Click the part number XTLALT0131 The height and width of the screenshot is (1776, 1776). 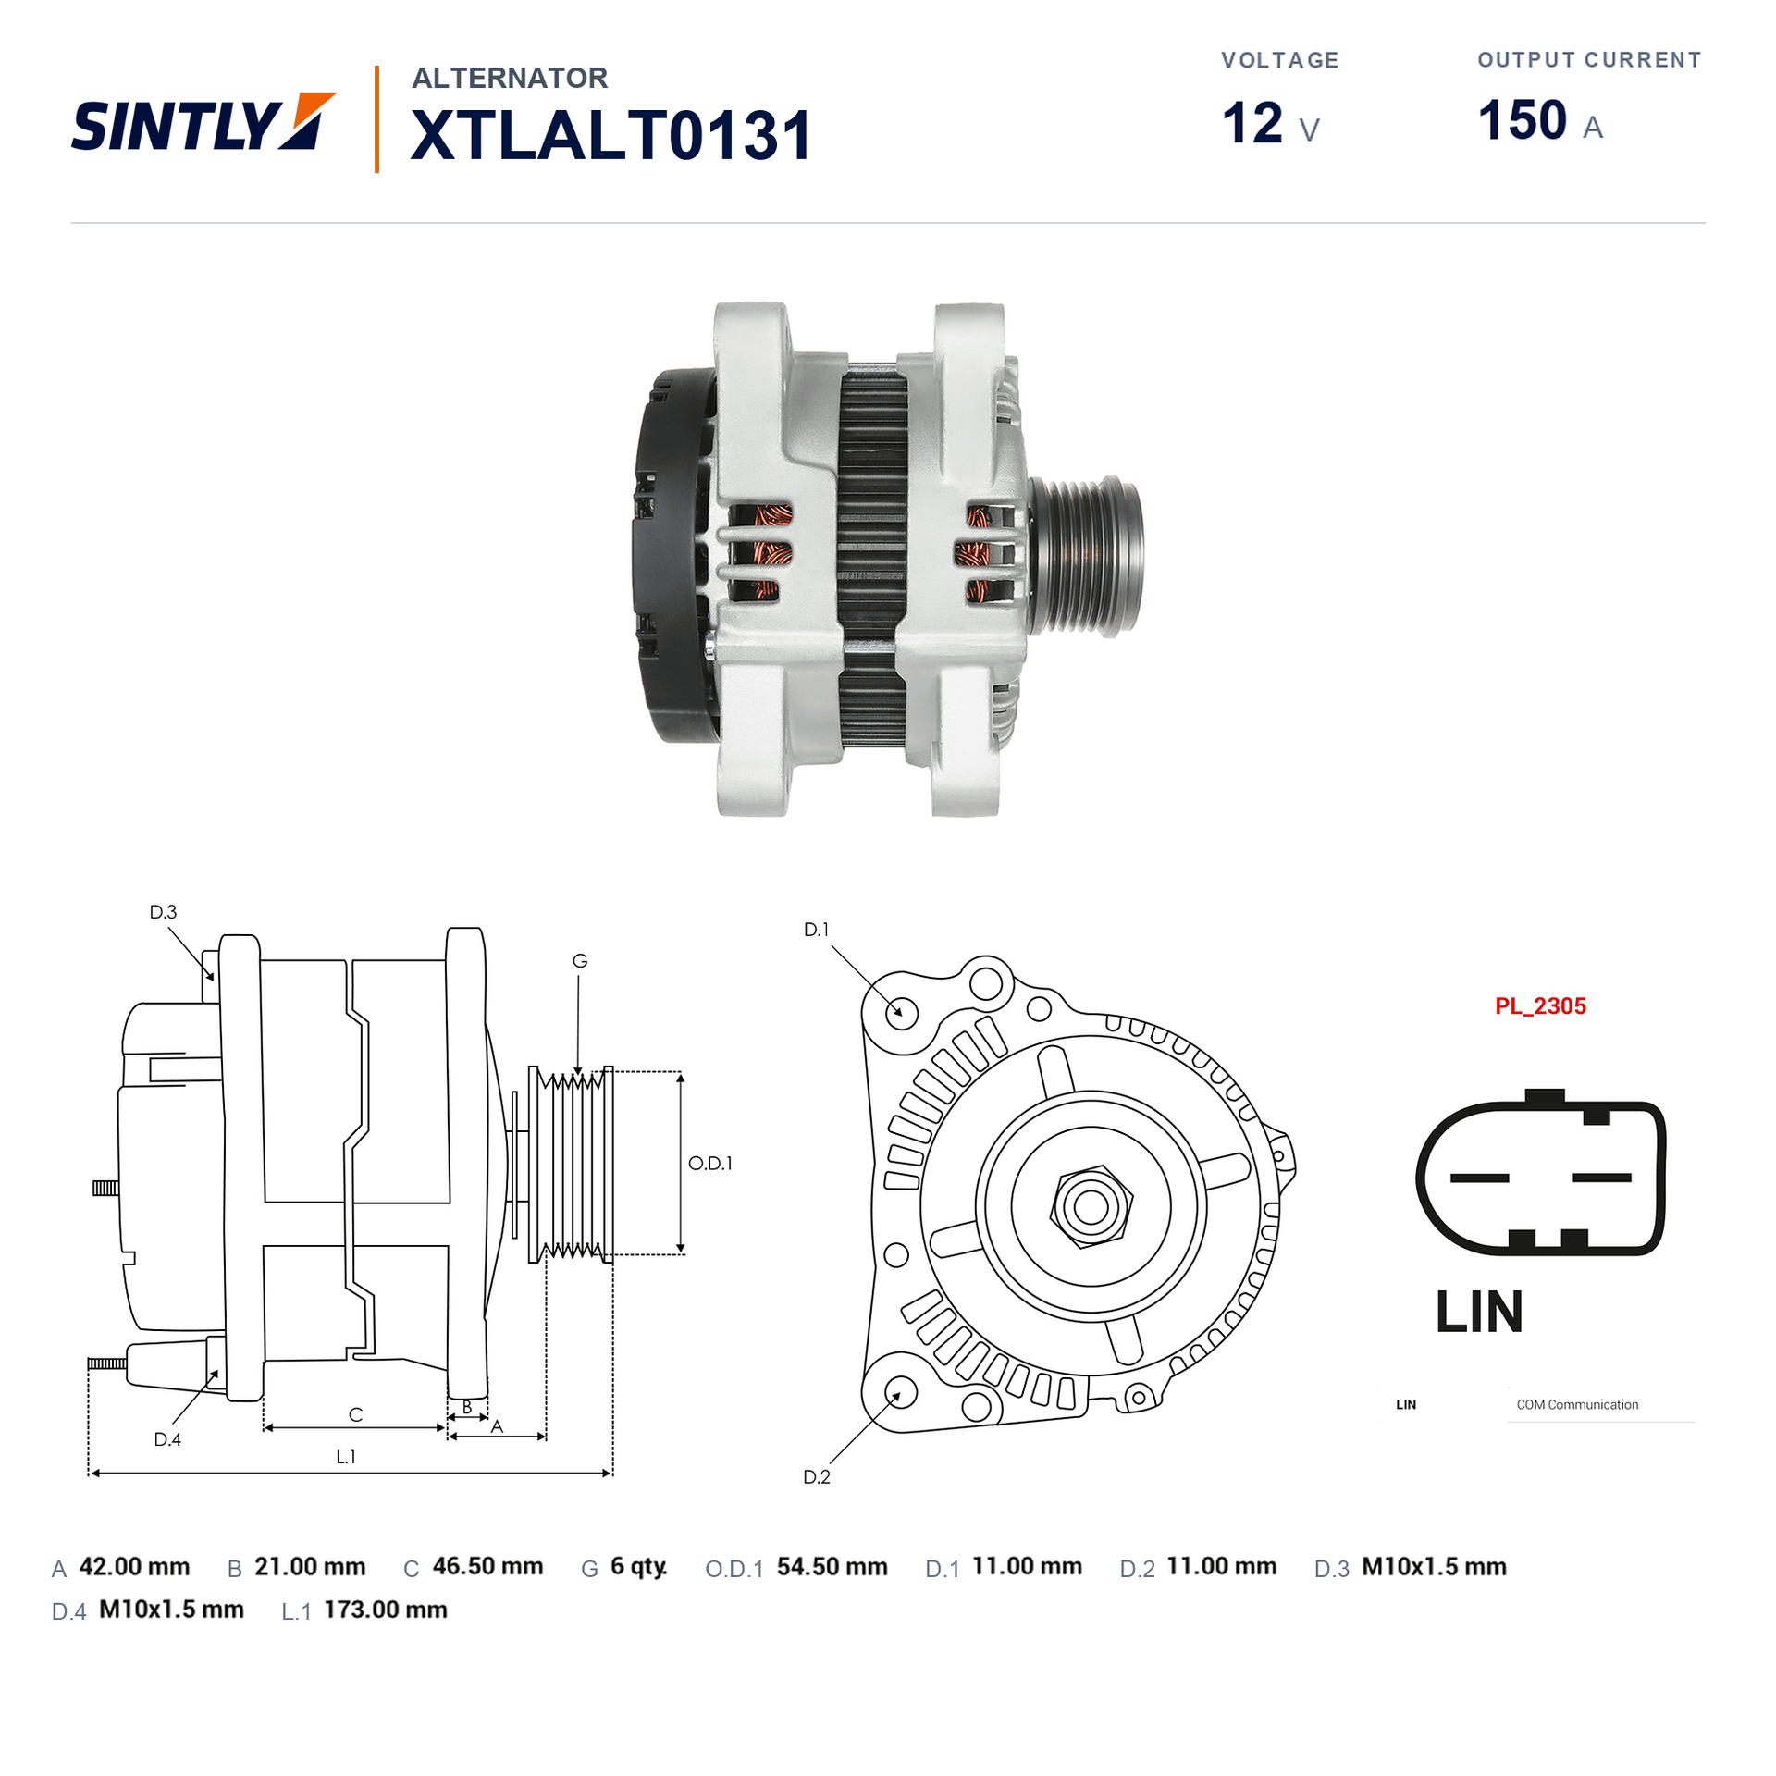pos(610,135)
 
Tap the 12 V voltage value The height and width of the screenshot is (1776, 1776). pos(1270,123)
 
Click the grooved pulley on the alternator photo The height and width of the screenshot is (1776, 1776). pos(1087,555)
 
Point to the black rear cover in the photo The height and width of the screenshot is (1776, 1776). pos(673,555)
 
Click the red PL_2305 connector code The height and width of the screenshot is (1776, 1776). pos(1540,1006)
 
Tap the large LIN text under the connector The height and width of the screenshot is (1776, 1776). pos(1479,1312)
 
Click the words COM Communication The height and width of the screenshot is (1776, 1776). pos(1577,1405)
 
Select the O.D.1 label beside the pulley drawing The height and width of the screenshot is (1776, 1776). pos(710,1164)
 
